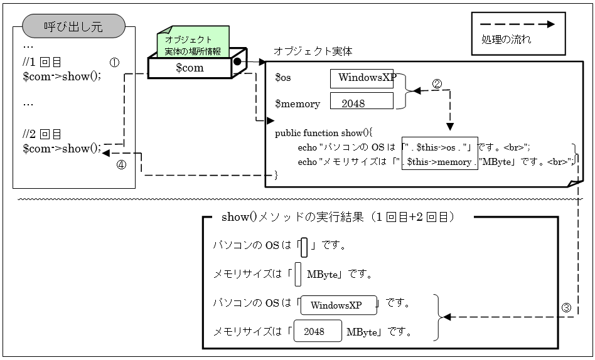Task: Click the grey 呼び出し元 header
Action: coord(73,27)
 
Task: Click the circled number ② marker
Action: coord(437,83)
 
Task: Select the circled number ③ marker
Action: coord(566,307)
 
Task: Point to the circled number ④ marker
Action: coord(121,166)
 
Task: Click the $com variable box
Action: coord(189,68)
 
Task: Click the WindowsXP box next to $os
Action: coord(362,78)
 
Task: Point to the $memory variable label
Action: coord(297,103)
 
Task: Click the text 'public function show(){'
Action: coord(324,133)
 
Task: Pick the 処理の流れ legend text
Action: coord(501,40)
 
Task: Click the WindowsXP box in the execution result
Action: coord(339,305)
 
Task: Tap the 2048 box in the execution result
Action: coord(317,332)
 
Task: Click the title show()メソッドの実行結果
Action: coord(338,218)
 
